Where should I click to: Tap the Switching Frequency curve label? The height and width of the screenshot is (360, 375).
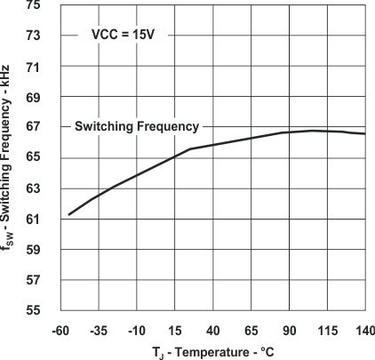136,126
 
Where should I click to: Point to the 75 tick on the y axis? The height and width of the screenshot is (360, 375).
33,5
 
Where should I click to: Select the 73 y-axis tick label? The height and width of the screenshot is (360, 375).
33,36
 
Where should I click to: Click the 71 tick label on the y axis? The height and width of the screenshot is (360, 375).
33,67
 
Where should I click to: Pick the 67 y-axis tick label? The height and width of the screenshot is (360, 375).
33,127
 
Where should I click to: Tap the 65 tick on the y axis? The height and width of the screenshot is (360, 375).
33,158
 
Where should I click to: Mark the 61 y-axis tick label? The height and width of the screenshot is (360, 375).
33,219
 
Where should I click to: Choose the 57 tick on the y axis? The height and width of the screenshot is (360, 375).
33,280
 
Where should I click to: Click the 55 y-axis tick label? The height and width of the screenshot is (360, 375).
33,310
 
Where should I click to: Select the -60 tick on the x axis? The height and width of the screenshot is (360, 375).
60,331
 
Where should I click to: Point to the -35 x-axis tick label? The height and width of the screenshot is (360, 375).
99,331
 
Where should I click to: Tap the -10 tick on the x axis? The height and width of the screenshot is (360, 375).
137,331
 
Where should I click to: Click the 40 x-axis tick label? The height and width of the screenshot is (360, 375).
213,331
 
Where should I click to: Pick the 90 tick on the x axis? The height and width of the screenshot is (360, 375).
290,331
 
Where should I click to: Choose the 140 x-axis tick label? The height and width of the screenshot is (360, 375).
363,331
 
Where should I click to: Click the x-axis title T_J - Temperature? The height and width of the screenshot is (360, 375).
213,352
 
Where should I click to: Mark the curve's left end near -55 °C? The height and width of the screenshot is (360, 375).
68,214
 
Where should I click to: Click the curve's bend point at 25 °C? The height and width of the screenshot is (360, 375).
190,148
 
